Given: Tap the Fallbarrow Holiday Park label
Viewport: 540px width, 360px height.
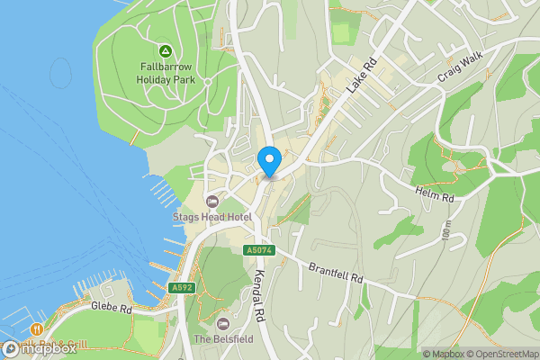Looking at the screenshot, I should (166, 72).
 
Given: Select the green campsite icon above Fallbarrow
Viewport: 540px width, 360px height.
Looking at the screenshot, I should (165, 51).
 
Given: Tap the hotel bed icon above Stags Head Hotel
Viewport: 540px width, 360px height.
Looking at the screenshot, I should (212, 201).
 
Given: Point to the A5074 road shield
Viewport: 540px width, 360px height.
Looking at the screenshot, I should (258, 250).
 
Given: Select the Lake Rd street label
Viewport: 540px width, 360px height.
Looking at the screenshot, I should (359, 84).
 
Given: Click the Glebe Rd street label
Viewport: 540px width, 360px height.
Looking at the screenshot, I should (112, 308).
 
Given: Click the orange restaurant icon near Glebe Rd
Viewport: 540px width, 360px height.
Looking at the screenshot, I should (37, 329).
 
